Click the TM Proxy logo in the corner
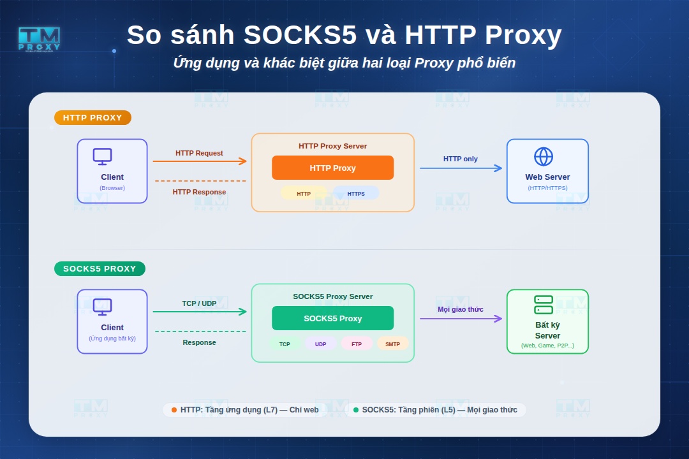pos(39,39)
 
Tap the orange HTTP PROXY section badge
pos(93,118)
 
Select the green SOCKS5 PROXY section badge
pos(100,269)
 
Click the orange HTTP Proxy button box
pos(332,168)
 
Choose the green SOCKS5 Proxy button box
pos(332,318)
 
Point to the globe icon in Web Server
pos(544,157)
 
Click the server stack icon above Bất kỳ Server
pos(544,305)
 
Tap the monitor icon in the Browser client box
pos(102,157)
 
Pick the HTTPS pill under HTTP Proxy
pos(356,193)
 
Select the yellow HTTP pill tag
pos(304,193)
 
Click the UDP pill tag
pos(320,344)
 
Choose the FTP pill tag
pos(357,344)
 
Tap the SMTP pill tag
pos(392,344)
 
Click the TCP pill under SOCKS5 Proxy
pos(285,344)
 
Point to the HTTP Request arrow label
pos(199,153)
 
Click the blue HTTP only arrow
pos(461,168)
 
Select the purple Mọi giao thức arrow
pos(461,319)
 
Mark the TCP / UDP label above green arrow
pos(199,303)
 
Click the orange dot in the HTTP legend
pos(174,410)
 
